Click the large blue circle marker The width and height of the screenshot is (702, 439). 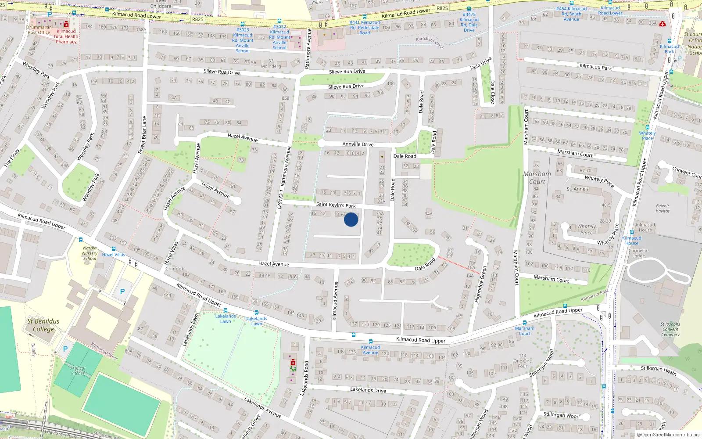pos(351,219)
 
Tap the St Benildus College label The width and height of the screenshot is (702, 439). pos(43,325)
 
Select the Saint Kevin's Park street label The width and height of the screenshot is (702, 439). pos(336,205)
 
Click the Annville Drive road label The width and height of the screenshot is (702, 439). pos(358,144)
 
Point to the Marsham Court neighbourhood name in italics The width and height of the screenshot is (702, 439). pos(537,178)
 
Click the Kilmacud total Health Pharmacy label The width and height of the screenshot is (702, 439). pos(66,36)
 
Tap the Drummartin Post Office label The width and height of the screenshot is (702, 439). pos(39,30)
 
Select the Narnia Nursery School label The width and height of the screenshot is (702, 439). pos(90,253)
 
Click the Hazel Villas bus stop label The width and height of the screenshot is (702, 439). pos(114,255)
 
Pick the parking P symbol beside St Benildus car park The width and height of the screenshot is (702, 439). pos(122,291)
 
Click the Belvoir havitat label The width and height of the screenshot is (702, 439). pos(663,209)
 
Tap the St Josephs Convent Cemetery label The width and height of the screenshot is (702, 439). pos(670,329)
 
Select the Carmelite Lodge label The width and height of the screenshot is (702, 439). pos(638,253)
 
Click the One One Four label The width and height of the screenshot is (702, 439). pos(523,361)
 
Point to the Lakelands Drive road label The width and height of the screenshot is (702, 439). pos(368,390)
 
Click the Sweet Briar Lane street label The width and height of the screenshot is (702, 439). pos(143,135)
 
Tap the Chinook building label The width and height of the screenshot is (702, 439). pos(175,269)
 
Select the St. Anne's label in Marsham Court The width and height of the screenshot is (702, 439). pos(577,189)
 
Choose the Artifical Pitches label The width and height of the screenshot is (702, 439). pos(78,371)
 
